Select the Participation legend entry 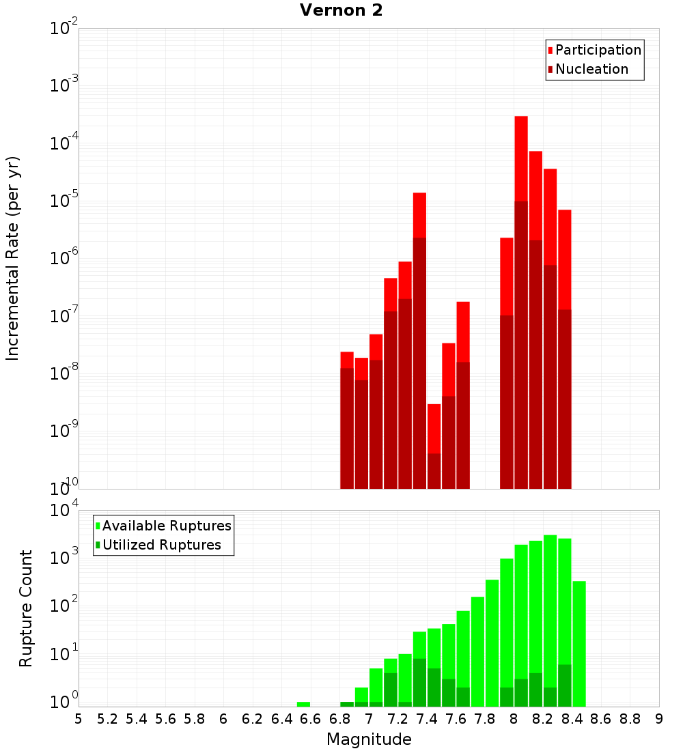[598, 51]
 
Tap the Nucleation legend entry [591, 70]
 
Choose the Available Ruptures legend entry [167, 526]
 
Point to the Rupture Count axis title [26, 608]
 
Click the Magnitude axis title [369, 739]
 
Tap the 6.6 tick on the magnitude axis [311, 719]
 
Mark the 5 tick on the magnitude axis [79, 719]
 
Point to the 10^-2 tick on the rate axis [64, 29]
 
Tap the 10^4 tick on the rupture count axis [64, 511]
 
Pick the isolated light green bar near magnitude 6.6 [303, 704]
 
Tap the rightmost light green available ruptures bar [579, 642]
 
